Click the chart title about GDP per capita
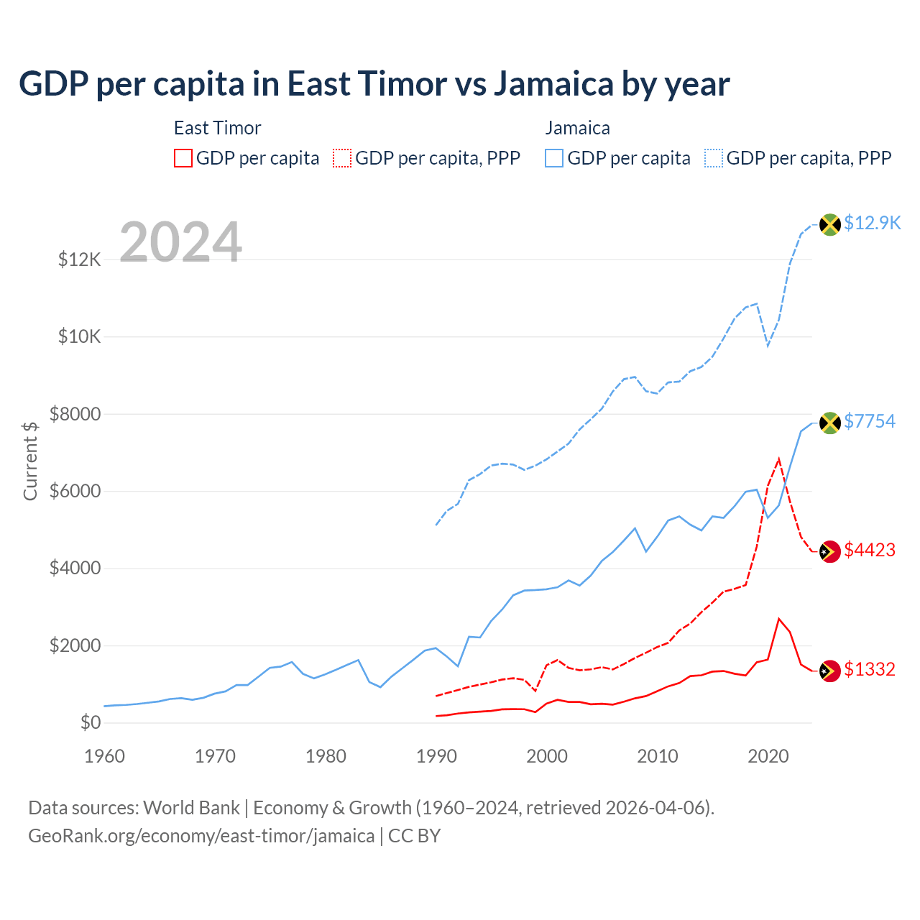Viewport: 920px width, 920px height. [x=374, y=84]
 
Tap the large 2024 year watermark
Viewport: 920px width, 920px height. [x=180, y=242]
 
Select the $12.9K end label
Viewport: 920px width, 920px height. [x=872, y=223]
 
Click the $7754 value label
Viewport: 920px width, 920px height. [x=870, y=421]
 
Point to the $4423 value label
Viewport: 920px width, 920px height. [x=870, y=550]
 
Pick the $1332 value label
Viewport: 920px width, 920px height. [x=870, y=669]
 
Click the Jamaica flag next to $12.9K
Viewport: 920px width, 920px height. [x=830, y=224]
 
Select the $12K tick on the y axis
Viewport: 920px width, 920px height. [x=80, y=259]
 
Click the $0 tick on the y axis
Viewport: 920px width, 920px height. [x=91, y=722]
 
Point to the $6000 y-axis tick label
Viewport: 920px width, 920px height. [x=75, y=491]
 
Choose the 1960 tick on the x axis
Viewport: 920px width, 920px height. [x=105, y=756]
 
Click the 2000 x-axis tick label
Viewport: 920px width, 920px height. [x=547, y=756]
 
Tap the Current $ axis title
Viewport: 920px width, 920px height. [x=30, y=461]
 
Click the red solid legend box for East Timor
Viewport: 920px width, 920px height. [x=183, y=158]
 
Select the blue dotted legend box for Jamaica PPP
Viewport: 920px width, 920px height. [x=714, y=158]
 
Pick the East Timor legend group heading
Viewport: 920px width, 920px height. [x=217, y=128]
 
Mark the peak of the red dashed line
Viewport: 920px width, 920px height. [x=779, y=459]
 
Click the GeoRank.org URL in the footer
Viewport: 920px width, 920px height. [x=201, y=836]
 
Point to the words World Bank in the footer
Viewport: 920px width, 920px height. [x=191, y=808]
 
